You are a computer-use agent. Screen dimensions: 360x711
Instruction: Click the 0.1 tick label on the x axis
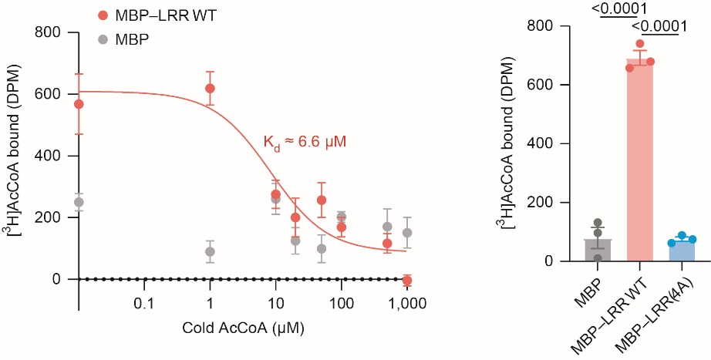(143, 305)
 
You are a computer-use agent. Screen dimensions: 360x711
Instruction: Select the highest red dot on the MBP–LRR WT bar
(639, 44)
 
